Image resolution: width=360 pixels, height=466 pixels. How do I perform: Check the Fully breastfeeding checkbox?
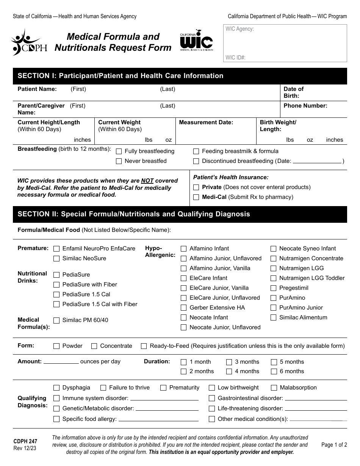pyautogui.click(x=119, y=152)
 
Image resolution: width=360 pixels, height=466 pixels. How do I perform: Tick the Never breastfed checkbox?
pyautogui.click(x=119, y=161)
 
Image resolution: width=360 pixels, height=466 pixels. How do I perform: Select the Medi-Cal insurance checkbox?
pyautogui.click(x=196, y=197)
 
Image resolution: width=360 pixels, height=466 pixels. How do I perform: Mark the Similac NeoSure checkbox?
pyautogui.click(x=56, y=259)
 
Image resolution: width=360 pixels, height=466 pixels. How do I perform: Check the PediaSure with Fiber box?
pyautogui.click(x=56, y=285)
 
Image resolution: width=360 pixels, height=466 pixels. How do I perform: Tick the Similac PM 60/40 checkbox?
pyautogui.click(x=56, y=321)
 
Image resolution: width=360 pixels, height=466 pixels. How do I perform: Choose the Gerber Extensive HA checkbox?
pyautogui.click(x=184, y=308)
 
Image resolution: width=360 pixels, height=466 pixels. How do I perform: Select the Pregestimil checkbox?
pyautogui.click(x=273, y=288)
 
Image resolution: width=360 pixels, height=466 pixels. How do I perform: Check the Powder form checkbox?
pyautogui.click(x=56, y=346)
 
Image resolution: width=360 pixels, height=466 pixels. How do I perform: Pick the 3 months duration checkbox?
pyautogui.click(x=229, y=362)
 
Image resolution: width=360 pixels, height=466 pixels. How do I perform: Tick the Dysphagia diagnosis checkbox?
pyautogui.click(x=56, y=388)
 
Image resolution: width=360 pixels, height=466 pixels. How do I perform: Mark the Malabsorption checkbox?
pyautogui.click(x=274, y=388)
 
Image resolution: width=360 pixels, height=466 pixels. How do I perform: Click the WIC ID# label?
pyautogui.click(x=235, y=58)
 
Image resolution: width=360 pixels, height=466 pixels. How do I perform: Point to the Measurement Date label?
pyautogui.click(x=206, y=122)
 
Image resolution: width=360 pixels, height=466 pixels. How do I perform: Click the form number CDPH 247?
pyautogui.click(x=25, y=441)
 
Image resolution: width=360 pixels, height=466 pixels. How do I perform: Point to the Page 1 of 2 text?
pyautogui.click(x=334, y=445)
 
